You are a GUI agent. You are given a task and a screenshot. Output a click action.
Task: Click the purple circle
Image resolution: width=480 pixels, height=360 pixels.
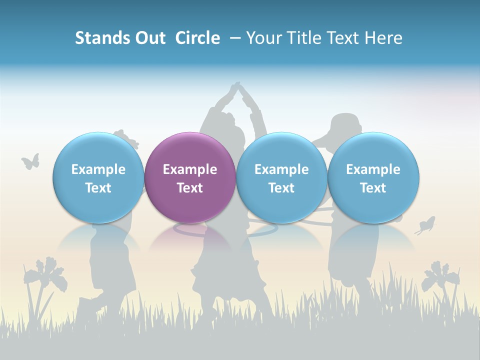(x=190, y=177)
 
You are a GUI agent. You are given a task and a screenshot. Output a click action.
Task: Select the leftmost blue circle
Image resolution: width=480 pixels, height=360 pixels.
(x=98, y=177)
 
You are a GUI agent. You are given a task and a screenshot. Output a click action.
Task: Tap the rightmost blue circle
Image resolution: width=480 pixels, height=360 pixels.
(x=373, y=177)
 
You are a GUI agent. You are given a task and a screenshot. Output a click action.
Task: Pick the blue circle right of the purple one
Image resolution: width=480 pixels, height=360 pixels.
(x=281, y=177)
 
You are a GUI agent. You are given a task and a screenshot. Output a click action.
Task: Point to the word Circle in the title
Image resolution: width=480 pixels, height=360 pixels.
(x=197, y=38)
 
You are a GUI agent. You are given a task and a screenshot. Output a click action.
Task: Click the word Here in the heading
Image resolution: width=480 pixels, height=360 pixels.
(x=384, y=38)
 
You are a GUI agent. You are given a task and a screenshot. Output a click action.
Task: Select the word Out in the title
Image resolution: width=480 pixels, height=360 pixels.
(x=149, y=38)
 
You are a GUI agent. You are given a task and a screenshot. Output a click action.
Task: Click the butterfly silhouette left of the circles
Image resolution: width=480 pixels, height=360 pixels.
(x=30, y=161)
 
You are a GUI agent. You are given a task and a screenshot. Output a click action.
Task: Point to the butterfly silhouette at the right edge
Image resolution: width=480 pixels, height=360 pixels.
(x=425, y=225)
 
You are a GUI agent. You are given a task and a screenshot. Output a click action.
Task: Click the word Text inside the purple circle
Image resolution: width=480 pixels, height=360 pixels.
(x=190, y=188)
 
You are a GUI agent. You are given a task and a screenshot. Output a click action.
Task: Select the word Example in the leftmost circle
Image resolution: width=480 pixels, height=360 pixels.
(x=98, y=169)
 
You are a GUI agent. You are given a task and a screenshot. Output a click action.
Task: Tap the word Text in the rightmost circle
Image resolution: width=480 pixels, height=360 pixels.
(x=373, y=188)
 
